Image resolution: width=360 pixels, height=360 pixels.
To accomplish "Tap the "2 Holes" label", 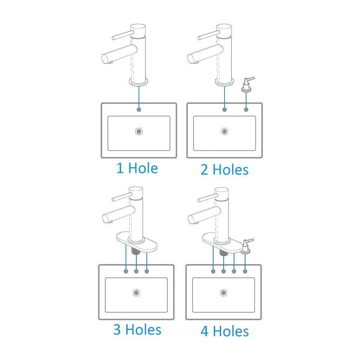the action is click(x=225, y=170).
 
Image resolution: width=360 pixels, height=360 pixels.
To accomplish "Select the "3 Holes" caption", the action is click(x=137, y=329).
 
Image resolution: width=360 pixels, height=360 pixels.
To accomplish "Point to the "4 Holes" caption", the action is click(x=225, y=331).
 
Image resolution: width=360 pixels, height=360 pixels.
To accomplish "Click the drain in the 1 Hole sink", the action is click(x=139, y=131).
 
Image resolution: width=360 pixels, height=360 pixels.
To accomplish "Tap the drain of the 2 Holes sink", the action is click(x=225, y=131).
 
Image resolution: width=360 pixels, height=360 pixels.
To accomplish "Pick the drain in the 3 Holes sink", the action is click(x=136, y=293).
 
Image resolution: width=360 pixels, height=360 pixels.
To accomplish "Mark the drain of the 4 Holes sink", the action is click(x=224, y=293).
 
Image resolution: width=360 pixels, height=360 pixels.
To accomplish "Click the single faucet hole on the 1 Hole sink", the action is click(x=139, y=110).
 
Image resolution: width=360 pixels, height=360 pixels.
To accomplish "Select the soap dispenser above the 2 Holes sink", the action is click(x=247, y=84).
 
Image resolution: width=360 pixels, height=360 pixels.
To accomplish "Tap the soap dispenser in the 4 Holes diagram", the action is click(x=246, y=246).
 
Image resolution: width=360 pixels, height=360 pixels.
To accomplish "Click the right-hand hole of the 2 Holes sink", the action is click(x=246, y=110).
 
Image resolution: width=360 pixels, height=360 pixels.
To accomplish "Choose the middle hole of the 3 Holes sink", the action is click(x=136, y=271).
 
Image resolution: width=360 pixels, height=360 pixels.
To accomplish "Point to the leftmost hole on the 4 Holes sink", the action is click(x=213, y=271).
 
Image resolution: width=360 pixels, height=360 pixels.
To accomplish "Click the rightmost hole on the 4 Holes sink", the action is click(x=245, y=271).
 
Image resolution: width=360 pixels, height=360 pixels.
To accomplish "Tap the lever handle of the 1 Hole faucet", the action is click(x=123, y=35).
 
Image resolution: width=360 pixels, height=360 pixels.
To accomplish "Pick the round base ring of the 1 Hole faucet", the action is click(x=139, y=82).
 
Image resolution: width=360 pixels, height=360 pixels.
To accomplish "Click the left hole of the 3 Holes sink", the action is click(x=126, y=271).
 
